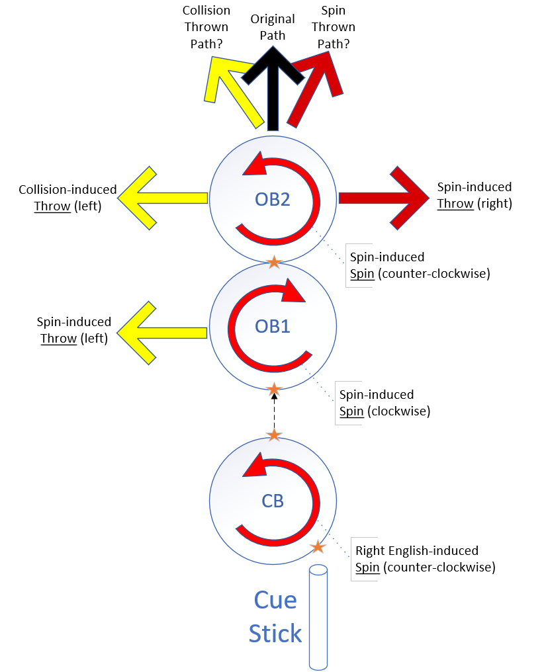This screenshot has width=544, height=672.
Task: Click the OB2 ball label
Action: [273, 199]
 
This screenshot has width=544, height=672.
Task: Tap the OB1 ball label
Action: [273, 326]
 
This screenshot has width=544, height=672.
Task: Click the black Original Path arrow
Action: [273, 93]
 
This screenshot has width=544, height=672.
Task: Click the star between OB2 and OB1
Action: [274, 263]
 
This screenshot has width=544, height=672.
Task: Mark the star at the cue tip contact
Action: [318, 547]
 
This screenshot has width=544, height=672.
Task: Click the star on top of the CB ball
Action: [274, 435]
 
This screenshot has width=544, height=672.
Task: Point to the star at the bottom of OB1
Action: [274, 388]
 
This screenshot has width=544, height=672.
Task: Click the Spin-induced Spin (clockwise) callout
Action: [384, 403]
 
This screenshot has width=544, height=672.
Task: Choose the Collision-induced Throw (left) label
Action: [68, 198]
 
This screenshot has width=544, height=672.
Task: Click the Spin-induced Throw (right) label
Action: [475, 195]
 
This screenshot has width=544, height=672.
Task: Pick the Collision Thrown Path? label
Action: [206, 27]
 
